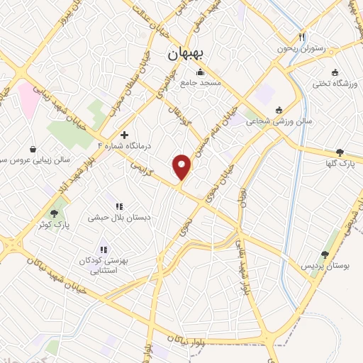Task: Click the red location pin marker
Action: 182,167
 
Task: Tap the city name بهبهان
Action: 186,54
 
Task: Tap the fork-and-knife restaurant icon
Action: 301,37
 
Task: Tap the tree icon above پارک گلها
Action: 340,152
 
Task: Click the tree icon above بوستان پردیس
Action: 325,254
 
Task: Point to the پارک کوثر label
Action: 54,225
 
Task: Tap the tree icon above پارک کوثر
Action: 54,213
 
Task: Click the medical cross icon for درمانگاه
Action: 125,135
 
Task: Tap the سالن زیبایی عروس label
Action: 35,160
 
